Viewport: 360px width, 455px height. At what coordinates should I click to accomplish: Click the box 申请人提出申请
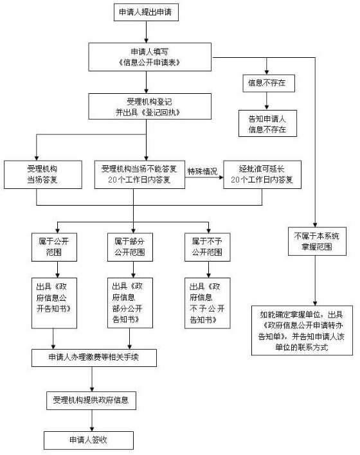(x=147, y=13)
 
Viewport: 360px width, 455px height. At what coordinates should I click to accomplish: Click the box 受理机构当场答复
(x=43, y=174)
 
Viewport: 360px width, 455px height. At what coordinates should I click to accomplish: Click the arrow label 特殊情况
(x=203, y=170)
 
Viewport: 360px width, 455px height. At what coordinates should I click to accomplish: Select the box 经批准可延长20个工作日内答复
(x=262, y=174)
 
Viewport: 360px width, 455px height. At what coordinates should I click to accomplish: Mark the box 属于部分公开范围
(x=133, y=247)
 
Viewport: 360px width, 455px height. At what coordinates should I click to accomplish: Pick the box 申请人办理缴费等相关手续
(x=94, y=358)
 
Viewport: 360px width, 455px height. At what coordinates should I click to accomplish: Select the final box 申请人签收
(x=88, y=440)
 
